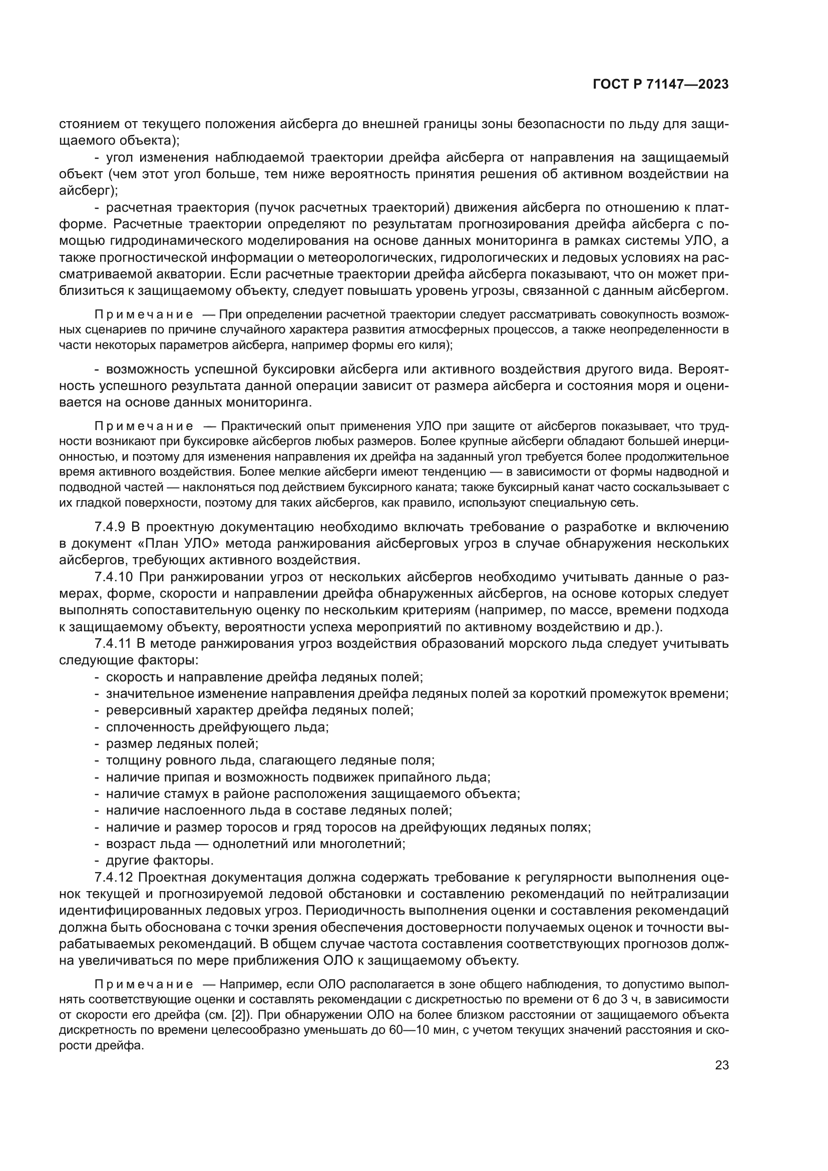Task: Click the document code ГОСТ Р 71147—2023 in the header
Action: [661, 85]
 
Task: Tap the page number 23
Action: [721, 1065]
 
